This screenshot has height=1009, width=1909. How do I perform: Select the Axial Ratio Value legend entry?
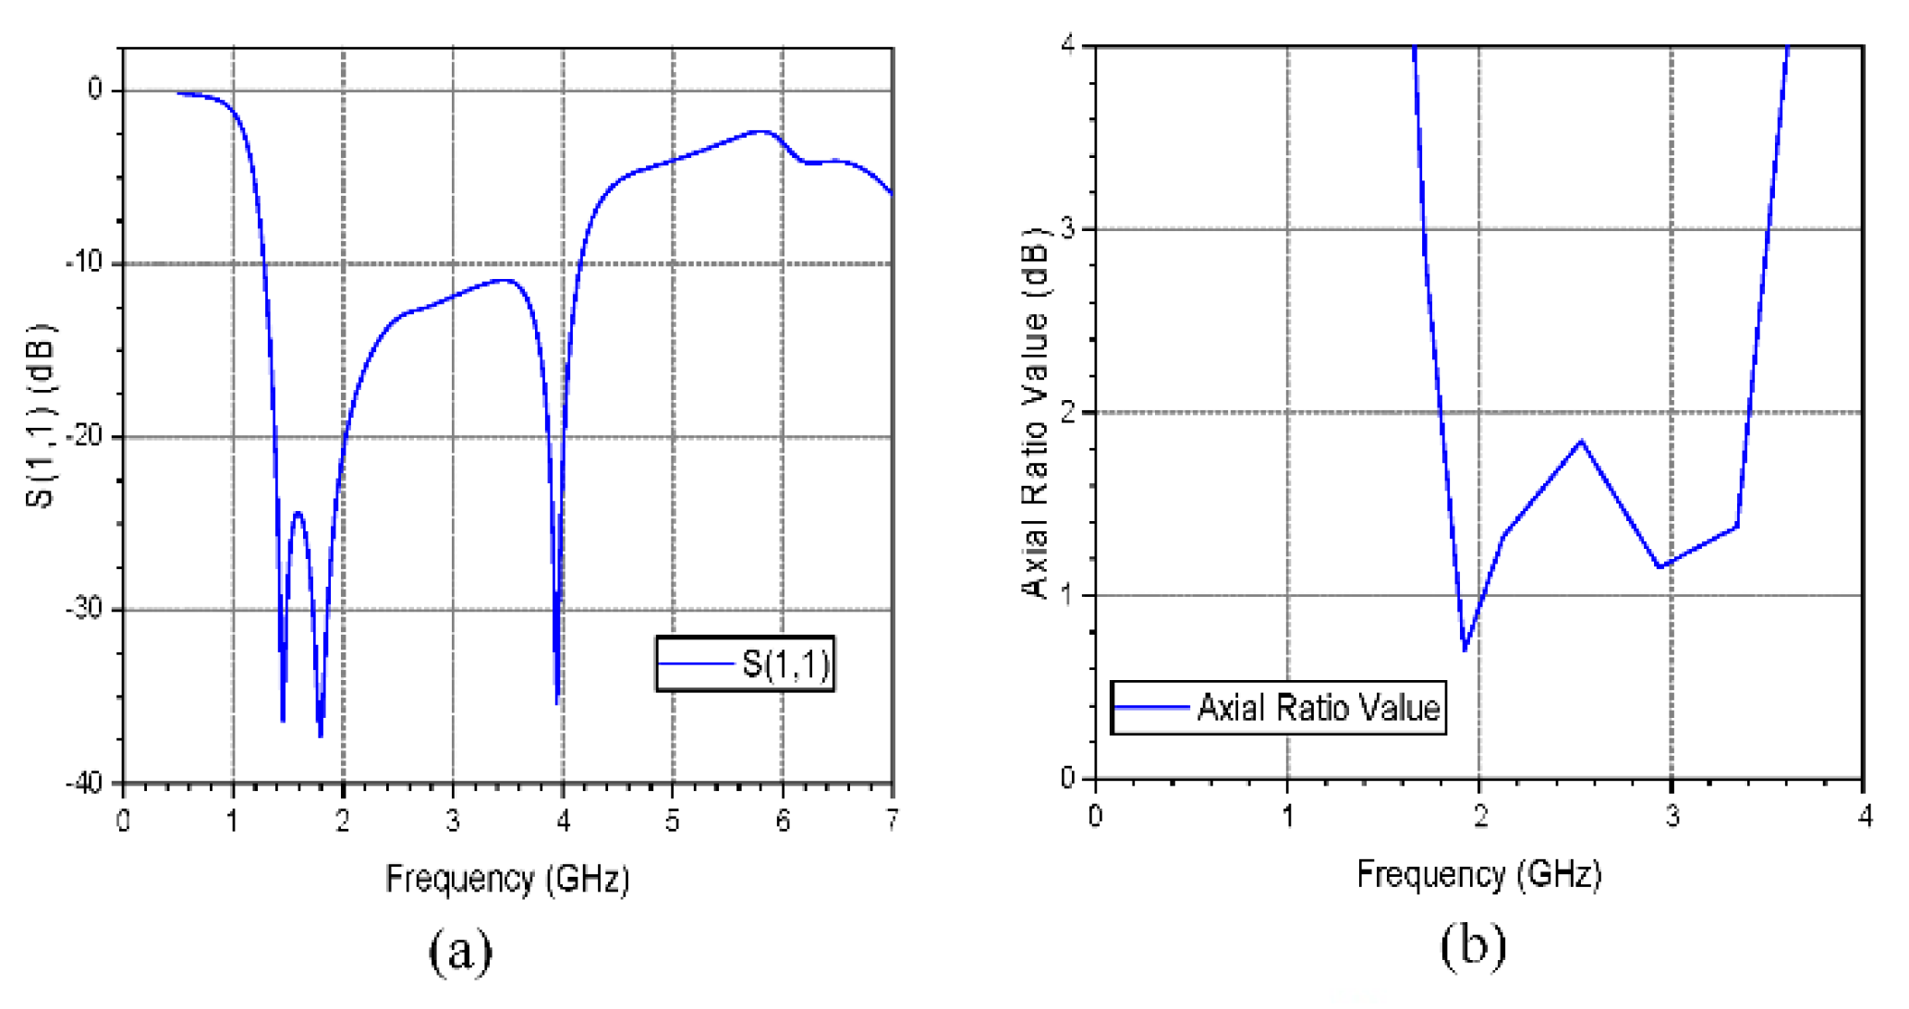click(x=1278, y=708)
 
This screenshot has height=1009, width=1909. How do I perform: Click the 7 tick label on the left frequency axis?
click(x=892, y=820)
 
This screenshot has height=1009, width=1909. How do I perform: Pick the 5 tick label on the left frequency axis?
click(x=672, y=820)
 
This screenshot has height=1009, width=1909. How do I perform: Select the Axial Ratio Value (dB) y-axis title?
click(x=1037, y=411)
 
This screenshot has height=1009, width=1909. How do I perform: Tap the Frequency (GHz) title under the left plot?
click(x=507, y=878)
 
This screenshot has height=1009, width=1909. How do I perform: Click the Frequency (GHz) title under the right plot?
click(x=1478, y=873)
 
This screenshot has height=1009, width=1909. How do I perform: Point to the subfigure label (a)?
click(x=460, y=951)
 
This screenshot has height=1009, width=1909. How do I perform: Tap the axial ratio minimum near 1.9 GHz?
click(x=1465, y=650)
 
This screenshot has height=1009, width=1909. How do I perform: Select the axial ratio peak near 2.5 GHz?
click(x=1582, y=441)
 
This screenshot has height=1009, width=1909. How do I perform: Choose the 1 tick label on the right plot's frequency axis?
click(x=1287, y=816)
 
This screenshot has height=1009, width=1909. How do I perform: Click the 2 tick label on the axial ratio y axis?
click(x=1069, y=412)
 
